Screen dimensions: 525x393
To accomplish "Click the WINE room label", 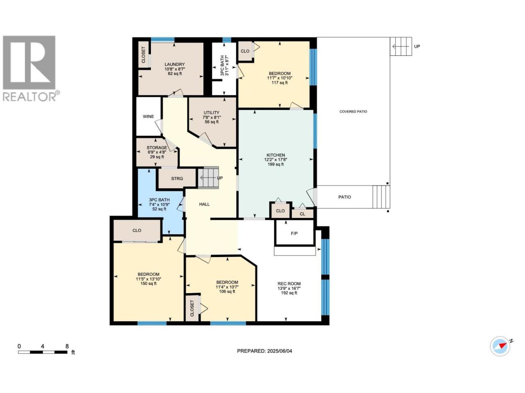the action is [x=148, y=116].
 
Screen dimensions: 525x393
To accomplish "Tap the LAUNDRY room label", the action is [x=174, y=64].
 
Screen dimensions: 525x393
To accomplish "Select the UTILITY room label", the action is [x=211, y=113].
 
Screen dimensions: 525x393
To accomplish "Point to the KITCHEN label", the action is [x=276, y=155].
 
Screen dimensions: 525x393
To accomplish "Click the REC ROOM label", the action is [x=289, y=284].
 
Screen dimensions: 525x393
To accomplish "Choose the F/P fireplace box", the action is [x=294, y=233].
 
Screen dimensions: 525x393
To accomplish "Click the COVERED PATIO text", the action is [x=353, y=111].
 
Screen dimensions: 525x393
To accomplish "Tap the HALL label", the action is [x=205, y=204].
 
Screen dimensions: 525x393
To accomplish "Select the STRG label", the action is [x=177, y=178].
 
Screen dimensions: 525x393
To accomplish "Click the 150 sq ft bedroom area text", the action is [x=148, y=284].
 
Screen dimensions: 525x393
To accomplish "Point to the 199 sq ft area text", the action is [x=276, y=165].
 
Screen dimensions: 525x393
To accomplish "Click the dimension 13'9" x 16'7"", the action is [x=289, y=288].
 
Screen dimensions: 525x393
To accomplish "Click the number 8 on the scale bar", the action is [x=67, y=346].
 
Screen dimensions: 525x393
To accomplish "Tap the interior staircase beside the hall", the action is [x=208, y=178].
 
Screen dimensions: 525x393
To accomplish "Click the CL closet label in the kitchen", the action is [x=302, y=214].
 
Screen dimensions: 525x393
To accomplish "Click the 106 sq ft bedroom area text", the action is [x=227, y=291].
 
